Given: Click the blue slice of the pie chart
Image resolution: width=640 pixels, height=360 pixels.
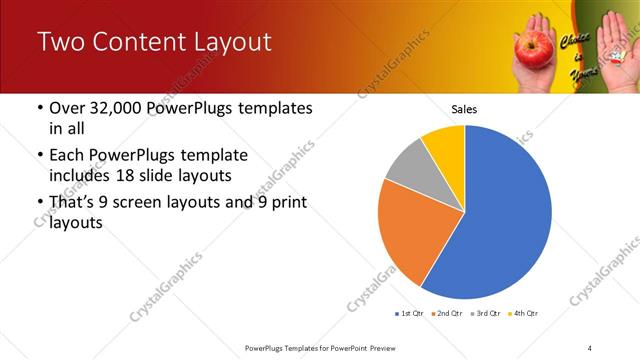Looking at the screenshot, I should [x=500, y=215].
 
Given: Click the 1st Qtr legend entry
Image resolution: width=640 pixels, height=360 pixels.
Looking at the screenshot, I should [x=409, y=314].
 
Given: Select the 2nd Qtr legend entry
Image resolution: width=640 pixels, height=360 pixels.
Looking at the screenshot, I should [x=448, y=314].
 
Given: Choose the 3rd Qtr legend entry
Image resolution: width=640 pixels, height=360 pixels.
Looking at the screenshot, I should [x=487, y=314].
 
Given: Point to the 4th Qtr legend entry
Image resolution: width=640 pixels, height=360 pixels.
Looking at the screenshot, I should [x=524, y=314].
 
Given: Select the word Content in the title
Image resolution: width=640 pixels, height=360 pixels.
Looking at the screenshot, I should [x=139, y=43].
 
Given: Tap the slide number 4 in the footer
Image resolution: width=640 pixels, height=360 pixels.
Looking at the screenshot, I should [x=590, y=347].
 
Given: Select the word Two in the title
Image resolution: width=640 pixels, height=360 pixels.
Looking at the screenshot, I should [x=63, y=43].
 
